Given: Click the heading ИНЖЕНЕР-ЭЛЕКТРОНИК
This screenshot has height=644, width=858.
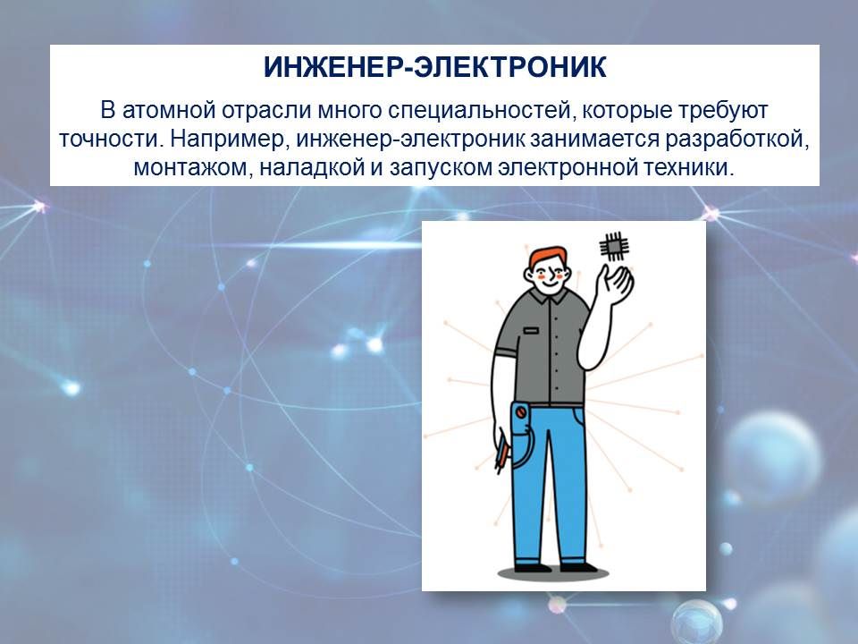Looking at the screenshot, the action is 435,67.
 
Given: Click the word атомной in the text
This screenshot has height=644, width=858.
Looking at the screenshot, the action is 169,111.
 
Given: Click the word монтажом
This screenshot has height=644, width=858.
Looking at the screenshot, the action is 192,168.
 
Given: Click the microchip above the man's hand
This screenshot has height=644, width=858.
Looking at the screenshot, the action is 613,247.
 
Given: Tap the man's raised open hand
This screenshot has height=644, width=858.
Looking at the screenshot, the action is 615,284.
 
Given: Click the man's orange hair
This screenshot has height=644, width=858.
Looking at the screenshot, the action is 547,257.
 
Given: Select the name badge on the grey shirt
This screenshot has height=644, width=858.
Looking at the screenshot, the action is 531,331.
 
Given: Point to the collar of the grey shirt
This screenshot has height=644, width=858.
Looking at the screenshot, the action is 549,296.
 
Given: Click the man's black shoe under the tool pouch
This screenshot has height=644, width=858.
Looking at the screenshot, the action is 533,568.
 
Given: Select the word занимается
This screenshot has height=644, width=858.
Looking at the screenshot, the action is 595,140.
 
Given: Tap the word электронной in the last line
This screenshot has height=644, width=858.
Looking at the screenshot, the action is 568,167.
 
